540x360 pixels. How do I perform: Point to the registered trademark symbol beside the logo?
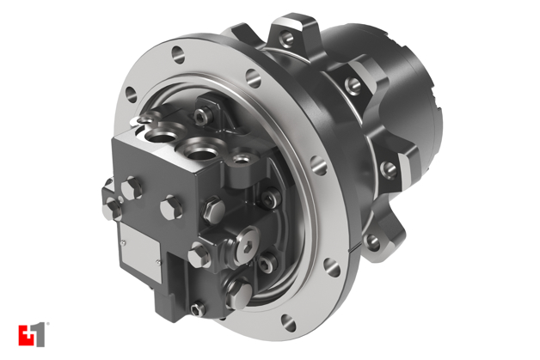click(x=48, y=325)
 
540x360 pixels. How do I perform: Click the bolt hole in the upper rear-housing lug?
click(x=353, y=85)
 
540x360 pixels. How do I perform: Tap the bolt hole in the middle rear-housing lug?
click(x=388, y=168)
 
